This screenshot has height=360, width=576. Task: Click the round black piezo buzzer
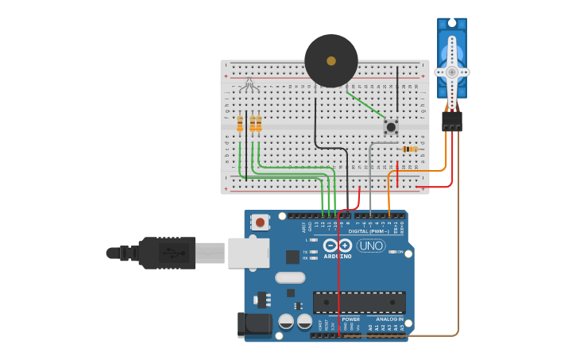click(x=331, y=60)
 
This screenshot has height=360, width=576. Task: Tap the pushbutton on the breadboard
click(x=391, y=126)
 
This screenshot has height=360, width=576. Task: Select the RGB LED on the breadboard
click(x=249, y=84)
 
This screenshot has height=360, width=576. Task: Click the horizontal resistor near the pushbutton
click(x=410, y=149)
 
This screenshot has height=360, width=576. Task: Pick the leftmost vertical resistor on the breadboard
click(x=240, y=123)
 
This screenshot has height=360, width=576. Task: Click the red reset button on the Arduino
click(x=260, y=223)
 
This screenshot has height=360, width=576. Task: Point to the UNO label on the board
click(x=371, y=246)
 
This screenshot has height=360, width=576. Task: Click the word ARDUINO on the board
click(x=338, y=257)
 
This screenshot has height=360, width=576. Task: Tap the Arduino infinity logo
click(x=338, y=245)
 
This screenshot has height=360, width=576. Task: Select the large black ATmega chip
click(x=359, y=302)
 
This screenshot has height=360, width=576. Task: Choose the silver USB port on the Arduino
click(x=248, y=253)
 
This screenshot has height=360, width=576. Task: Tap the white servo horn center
click(x=452, y=72)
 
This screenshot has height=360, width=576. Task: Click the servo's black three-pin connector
click(x=452, y=121)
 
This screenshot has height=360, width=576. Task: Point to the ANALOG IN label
click(x=389, y=319)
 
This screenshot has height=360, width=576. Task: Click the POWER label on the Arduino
click(x=350, y=319)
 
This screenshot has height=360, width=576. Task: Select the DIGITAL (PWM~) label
click(x=369, y=231)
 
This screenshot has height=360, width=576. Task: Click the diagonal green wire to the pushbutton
click(x=365, y=106)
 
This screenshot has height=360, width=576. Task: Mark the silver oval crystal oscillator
click(x=291, y=277)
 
